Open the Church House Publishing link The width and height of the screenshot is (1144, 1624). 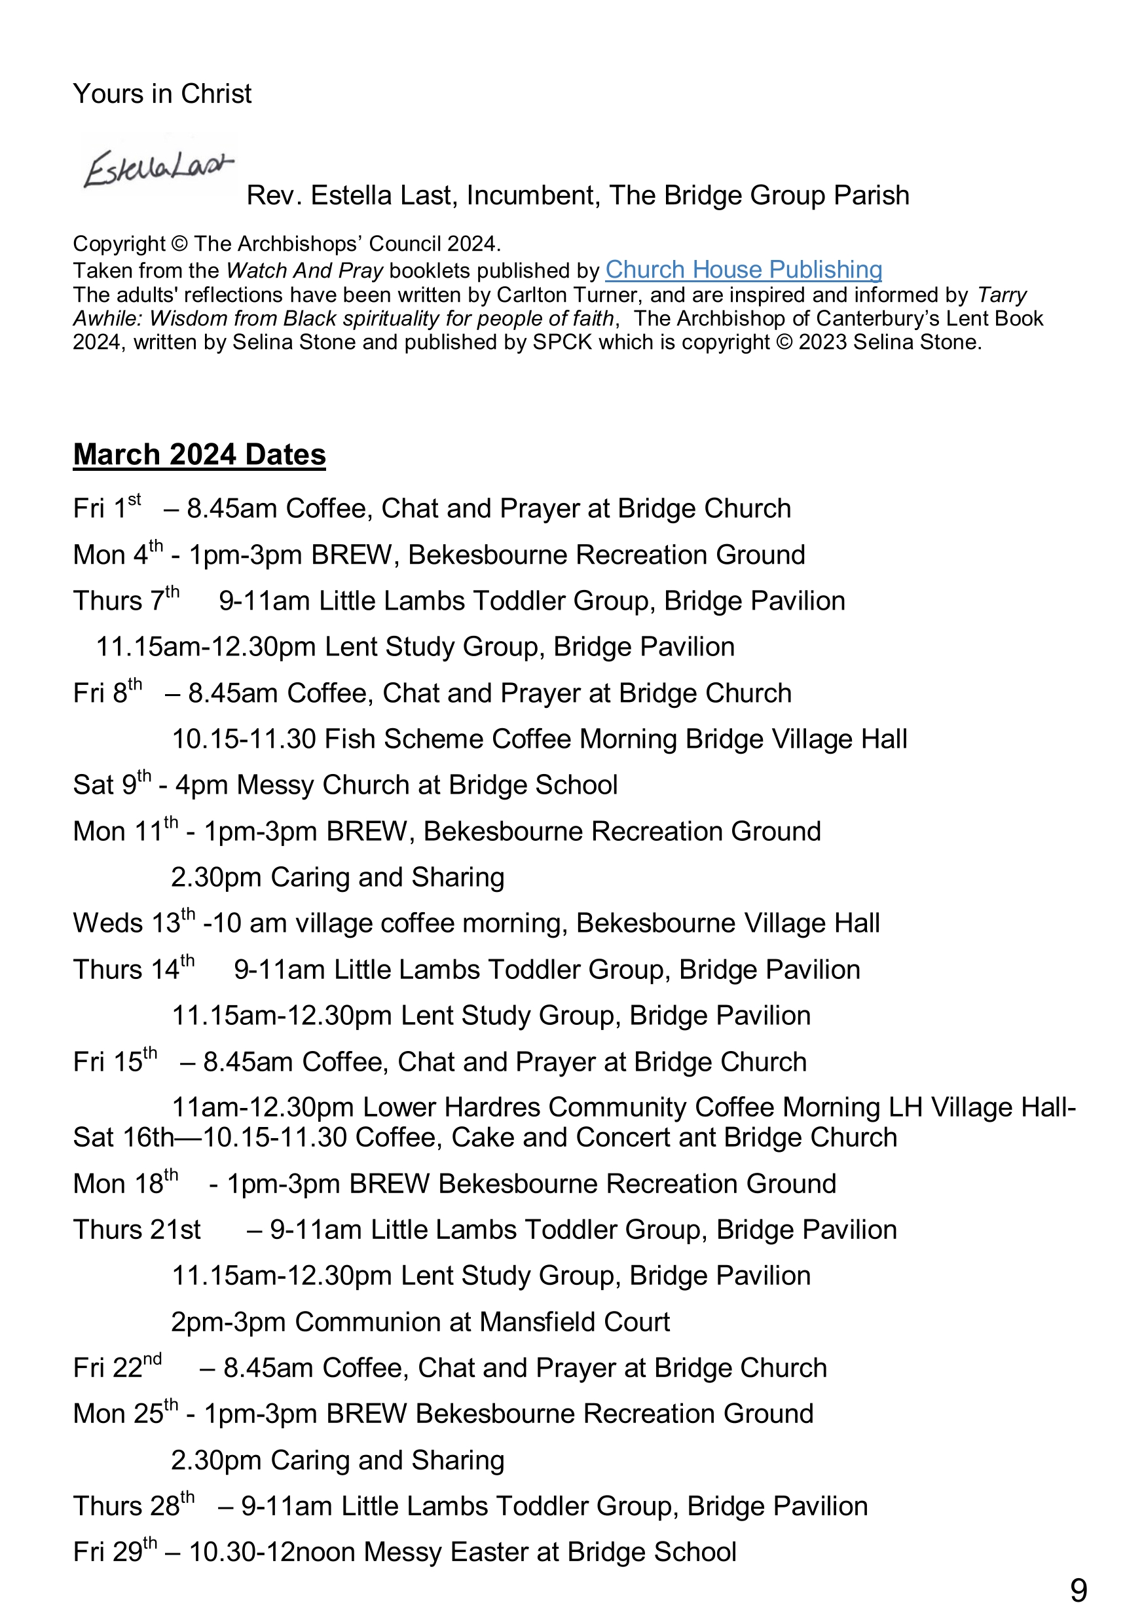click(743, 270)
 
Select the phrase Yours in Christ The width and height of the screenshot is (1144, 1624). click(162, 94)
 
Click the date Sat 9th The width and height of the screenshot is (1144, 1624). click(112, 784)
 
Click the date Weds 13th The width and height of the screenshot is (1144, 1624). click(133, 923)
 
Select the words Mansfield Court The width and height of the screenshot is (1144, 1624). click(574, 1322)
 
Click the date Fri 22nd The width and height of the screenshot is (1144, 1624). click(117, 1368)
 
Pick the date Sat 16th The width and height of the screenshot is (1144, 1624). click(123, 1137)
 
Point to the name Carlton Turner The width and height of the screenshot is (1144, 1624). click(570, 295)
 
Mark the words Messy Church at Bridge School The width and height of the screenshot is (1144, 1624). click(426, 785)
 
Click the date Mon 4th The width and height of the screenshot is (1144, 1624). click(117, 555)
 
